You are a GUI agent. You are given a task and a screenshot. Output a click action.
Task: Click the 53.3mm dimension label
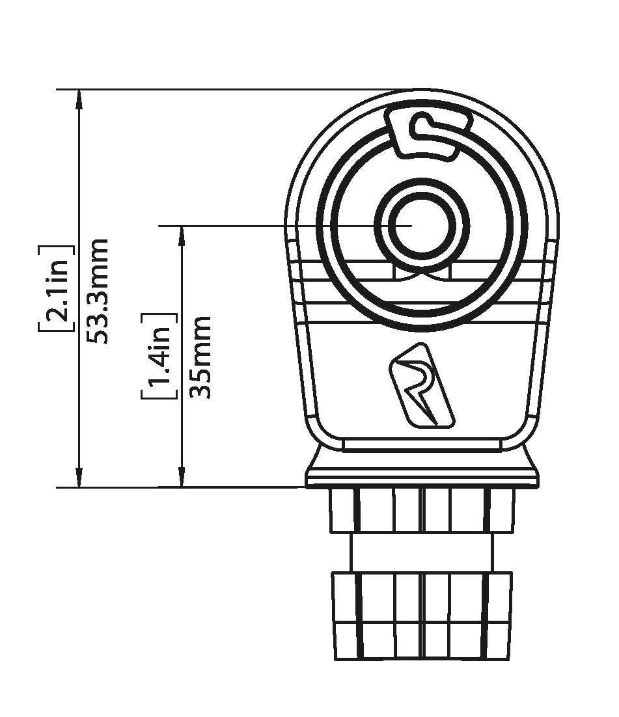[x=98, y=291]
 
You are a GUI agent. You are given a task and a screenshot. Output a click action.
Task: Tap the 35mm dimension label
[x=200, y=357]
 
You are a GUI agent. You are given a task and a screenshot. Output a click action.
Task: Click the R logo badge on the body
[x=421, y=387]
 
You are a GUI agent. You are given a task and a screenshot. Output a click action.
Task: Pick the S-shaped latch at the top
[x=429, y=131]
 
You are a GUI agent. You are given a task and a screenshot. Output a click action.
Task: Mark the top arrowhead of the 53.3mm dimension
[x=79, y=100]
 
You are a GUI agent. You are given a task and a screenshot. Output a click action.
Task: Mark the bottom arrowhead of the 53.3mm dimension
[x=79, y=478]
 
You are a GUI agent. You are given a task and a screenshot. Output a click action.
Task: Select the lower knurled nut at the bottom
[x=422, y=616]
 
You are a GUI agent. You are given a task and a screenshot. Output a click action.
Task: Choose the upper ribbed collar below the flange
[x=422, y=510]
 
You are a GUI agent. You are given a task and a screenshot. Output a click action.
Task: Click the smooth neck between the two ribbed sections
[x=422, y=552]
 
